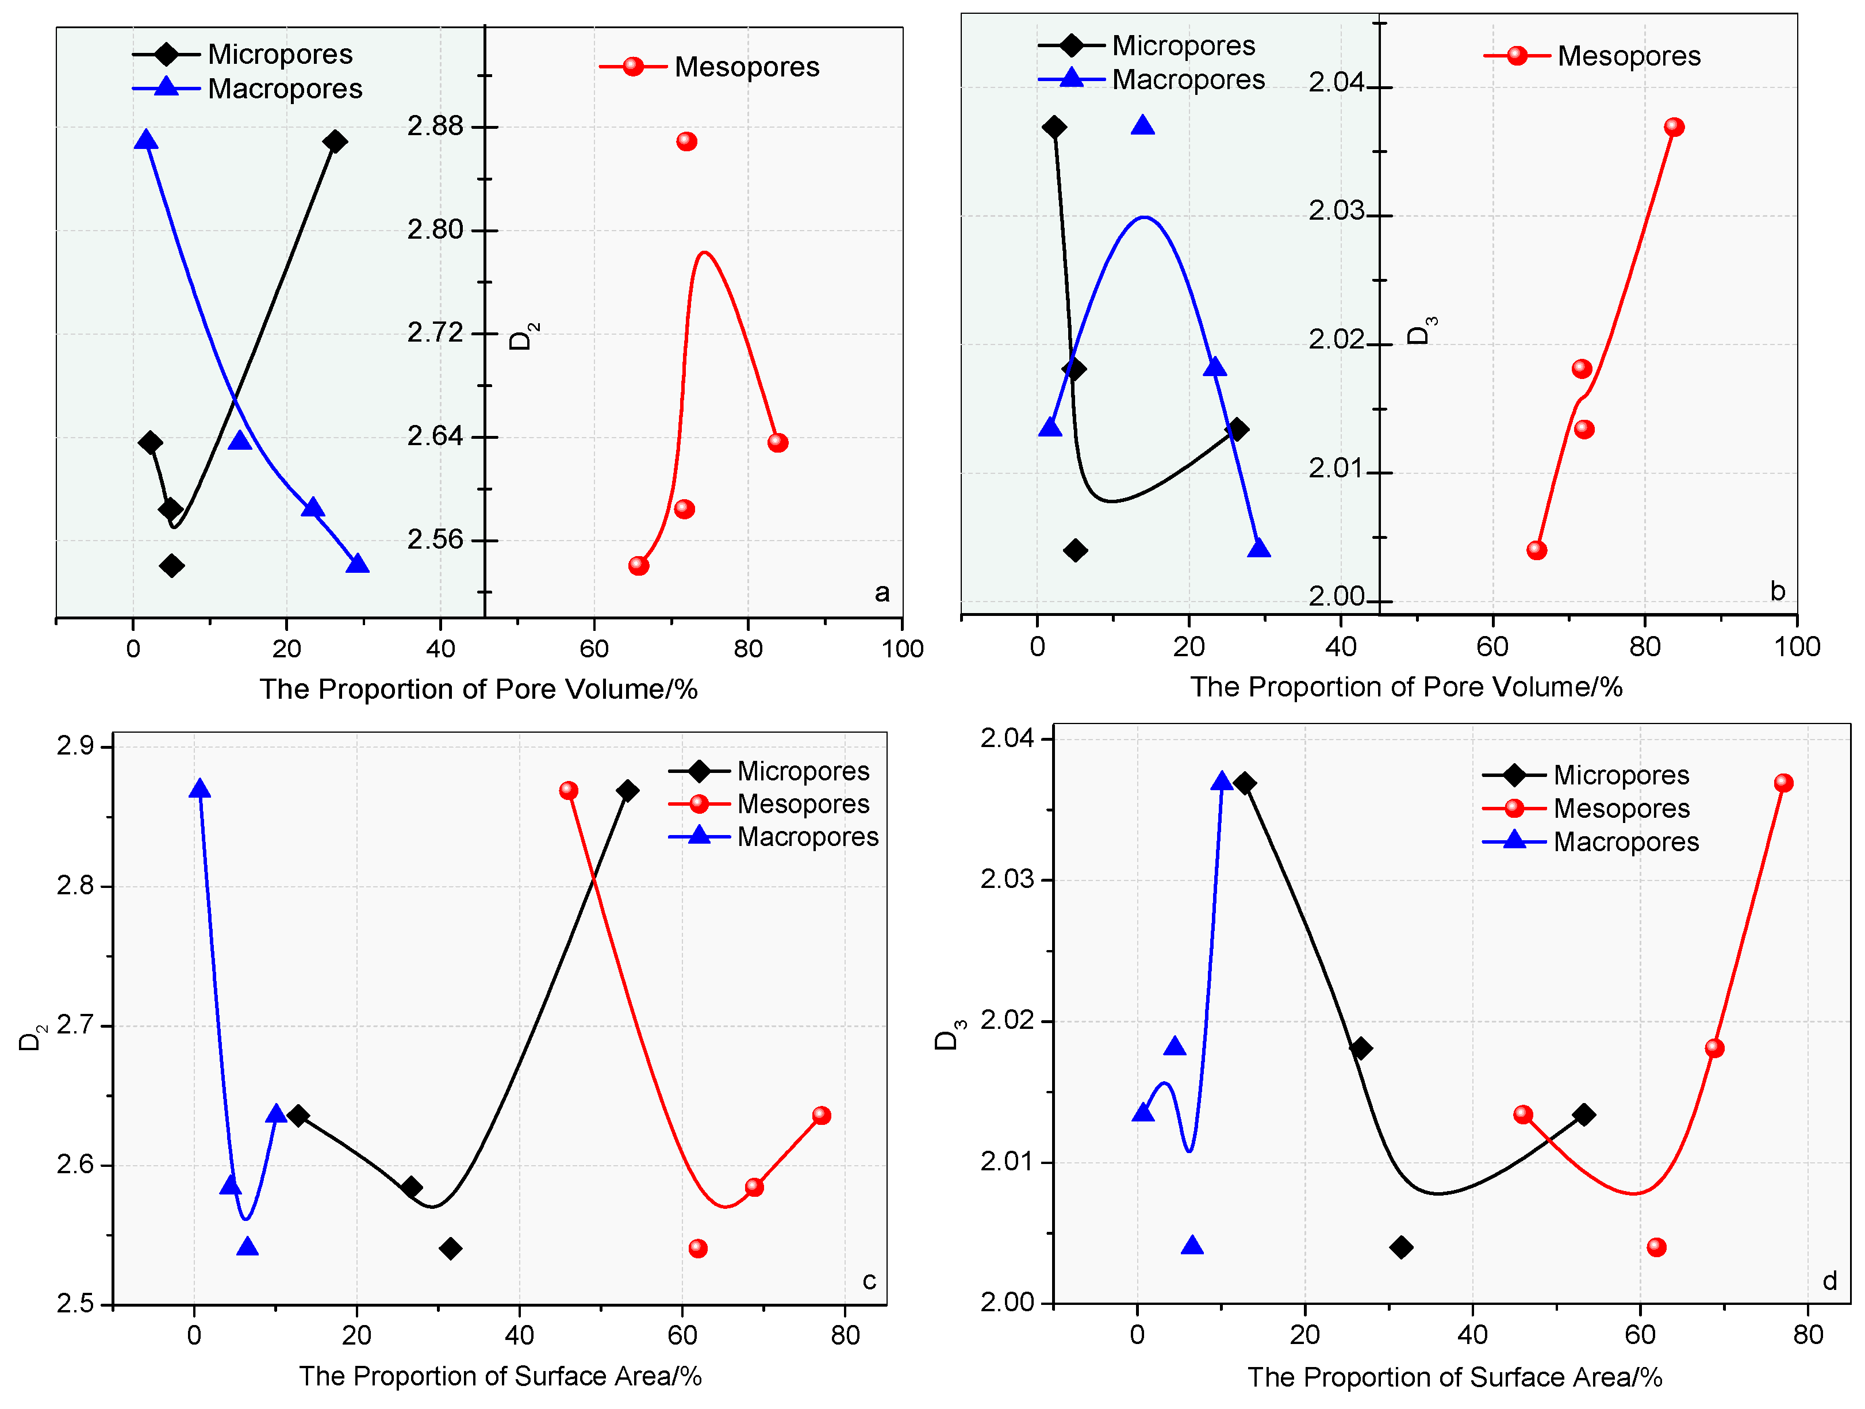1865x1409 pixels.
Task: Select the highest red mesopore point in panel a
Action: click(x=686, y=141)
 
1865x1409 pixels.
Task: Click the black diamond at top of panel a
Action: click(x=335, y=141)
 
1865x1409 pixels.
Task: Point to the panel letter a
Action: click(x=882, y=593)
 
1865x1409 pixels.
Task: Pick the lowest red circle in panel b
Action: click(x=1536, y=550)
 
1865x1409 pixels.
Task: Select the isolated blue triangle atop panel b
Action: click(x=1142, y=125)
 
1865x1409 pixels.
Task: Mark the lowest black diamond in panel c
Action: click(x=450, y=1248)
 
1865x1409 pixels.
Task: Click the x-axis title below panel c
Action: click(x=500, y=1376)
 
